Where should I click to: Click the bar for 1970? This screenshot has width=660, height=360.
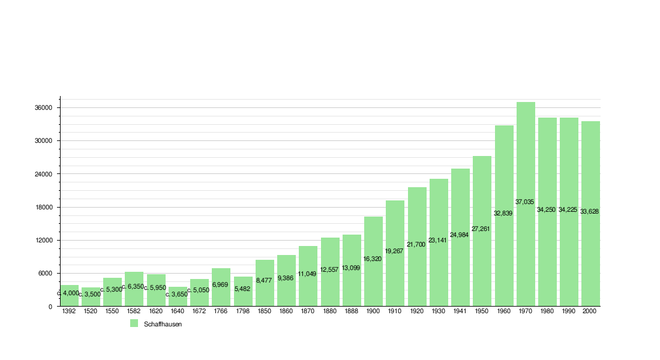pos(526,204)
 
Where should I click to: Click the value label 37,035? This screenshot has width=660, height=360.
pos(524,202)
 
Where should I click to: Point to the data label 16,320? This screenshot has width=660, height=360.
pos(373,259)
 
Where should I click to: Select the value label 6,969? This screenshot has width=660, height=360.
pos(221,284)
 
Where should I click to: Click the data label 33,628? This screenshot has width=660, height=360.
pos(590,211)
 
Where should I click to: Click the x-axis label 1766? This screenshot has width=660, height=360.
pos(221,312)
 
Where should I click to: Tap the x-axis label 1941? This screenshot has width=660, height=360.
pos(460,312)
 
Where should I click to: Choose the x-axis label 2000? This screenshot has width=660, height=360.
pos(590,312)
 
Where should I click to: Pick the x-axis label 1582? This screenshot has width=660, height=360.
pos(134,312)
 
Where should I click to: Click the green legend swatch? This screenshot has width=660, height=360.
pos(134,323)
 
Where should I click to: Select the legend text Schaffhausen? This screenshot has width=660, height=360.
pos(163,324)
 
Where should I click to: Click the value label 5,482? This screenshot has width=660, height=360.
pos(242,289)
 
